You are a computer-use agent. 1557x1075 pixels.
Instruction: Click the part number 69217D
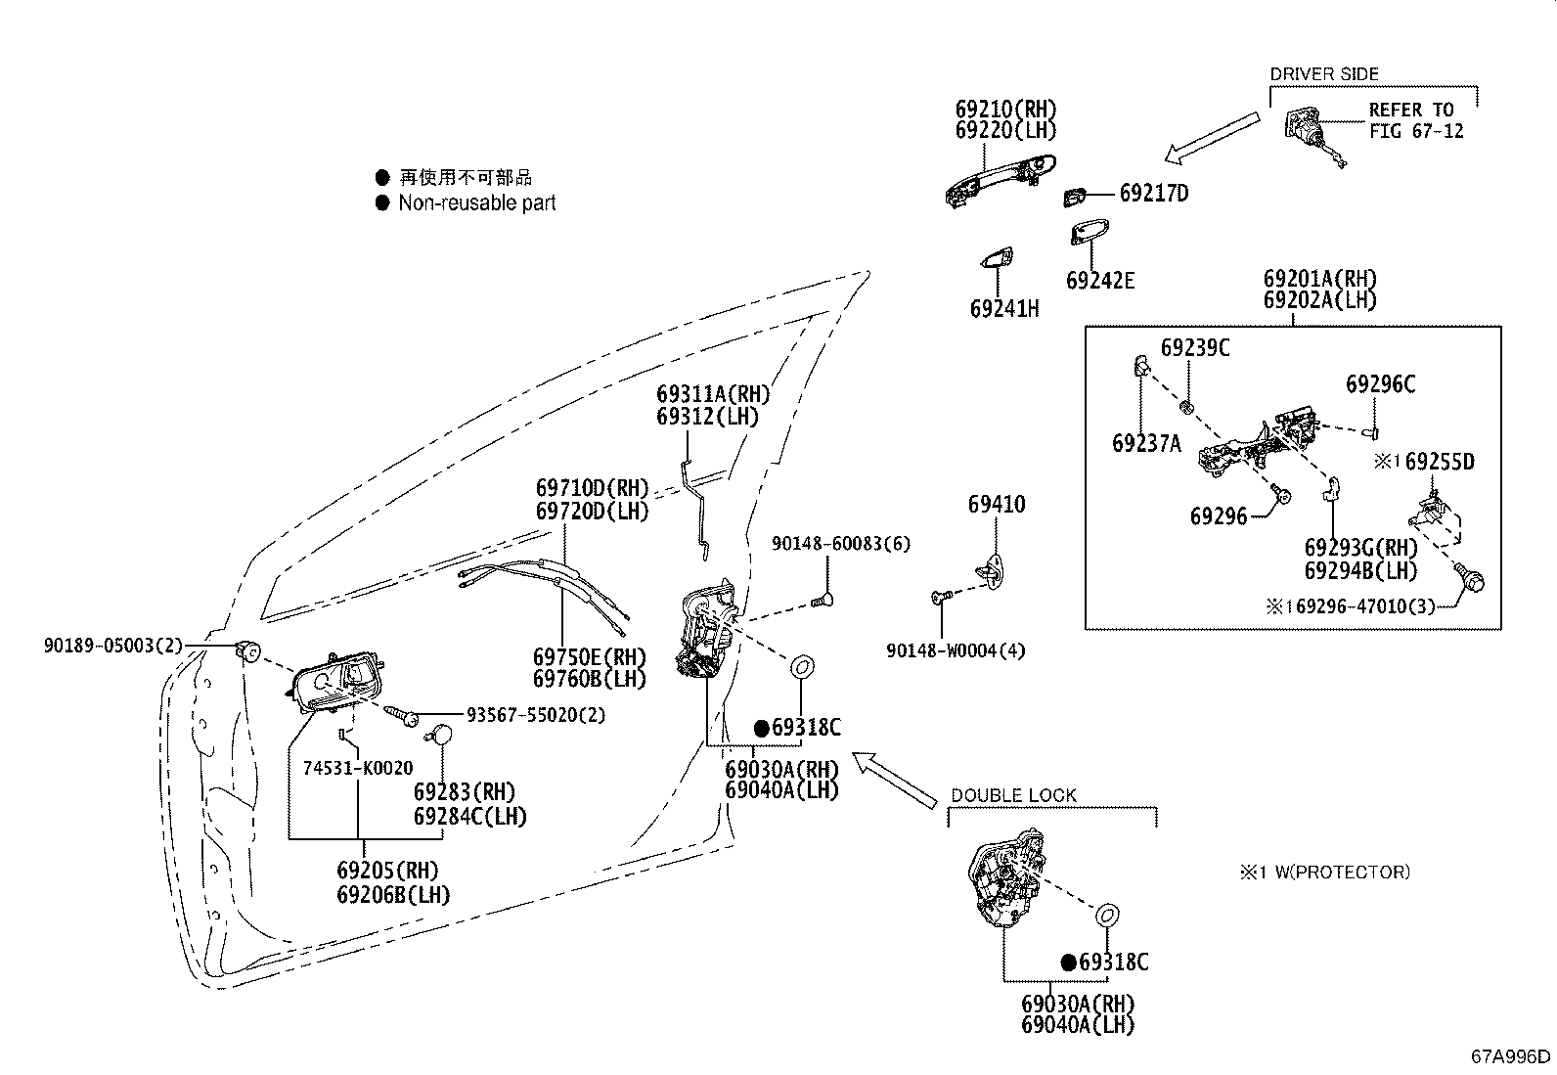tap(1154, 193)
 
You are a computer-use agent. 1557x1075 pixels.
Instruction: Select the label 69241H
tap(1004, 308)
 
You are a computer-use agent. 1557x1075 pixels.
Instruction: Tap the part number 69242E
tap(1100, 280)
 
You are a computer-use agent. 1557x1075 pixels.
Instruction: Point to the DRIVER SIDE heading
tap(1324, 73)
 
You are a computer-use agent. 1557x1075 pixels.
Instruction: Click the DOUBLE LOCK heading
tap(1013, 795)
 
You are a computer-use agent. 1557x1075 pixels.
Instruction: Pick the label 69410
tap(997, 504)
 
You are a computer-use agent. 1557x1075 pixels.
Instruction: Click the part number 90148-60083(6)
tap(841, 543)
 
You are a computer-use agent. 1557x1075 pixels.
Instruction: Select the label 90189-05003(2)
tap(113, 646)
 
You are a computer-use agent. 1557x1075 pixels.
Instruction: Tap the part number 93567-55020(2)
tap(536, 714)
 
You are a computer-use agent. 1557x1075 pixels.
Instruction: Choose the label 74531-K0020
tap(358, 768)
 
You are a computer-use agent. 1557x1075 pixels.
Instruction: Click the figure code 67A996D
tap(1510, 1056)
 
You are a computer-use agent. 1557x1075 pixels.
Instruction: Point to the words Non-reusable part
tap(477, 202)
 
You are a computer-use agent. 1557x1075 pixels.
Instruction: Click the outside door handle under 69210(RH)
tap(1001, 180)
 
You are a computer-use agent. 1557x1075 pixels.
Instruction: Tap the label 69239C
tap(1195, 347)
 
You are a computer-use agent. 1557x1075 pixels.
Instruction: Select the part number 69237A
tap(1146, 443)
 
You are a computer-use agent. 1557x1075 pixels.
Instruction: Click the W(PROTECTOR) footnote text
tap(1342, 872)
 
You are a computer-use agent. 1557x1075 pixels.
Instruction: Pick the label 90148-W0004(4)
tap(956, 650)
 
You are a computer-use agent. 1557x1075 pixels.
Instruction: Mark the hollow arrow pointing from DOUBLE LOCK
tap(895, 781)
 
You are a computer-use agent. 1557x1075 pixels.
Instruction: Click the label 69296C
tap(1380, 383)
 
